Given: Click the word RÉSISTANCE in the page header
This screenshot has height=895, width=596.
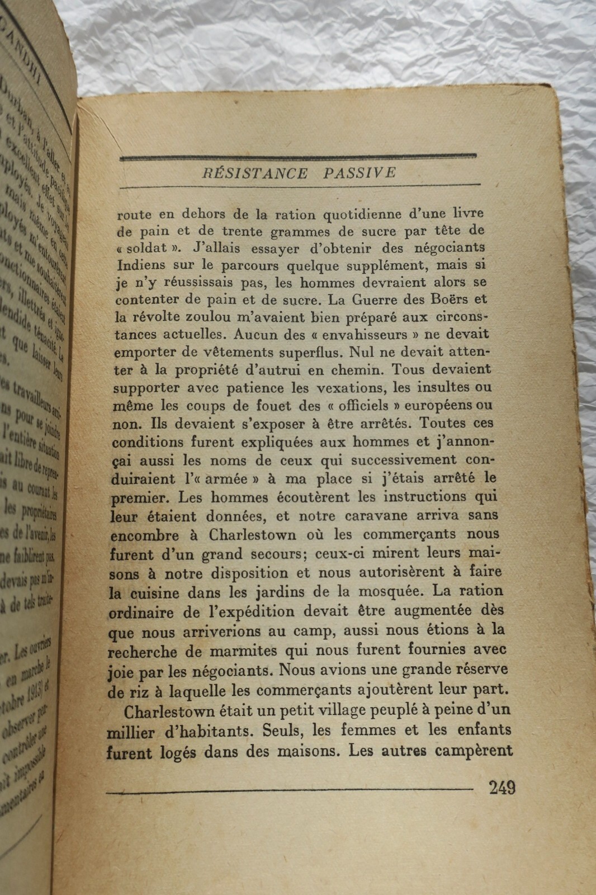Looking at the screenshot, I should (255, 173).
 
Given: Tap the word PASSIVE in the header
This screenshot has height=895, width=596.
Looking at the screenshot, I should (360, 173).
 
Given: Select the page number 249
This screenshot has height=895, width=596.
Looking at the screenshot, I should (502, 788).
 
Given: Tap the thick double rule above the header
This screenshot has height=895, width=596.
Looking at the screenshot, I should (297, 157).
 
